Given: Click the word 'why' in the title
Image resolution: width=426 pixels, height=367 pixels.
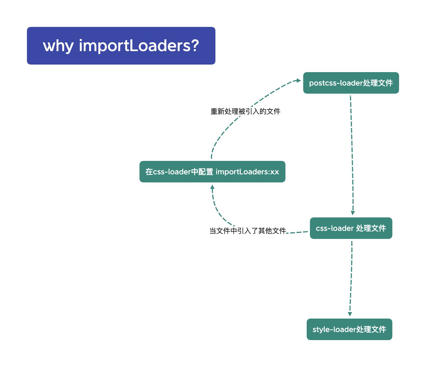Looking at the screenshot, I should click(58, 46).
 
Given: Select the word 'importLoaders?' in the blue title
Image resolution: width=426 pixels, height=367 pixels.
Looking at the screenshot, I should click(139, 46).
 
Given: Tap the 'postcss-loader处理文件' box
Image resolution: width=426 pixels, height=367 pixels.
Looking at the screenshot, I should click(351, 83).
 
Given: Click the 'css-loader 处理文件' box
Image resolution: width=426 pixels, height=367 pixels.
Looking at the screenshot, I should click(351, 228).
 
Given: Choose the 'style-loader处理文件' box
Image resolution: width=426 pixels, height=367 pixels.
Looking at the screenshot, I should click(349, 329).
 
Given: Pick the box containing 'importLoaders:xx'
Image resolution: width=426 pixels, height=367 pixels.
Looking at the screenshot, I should click(212, 172).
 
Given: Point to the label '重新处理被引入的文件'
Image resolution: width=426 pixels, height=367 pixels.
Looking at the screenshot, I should click(245, 111).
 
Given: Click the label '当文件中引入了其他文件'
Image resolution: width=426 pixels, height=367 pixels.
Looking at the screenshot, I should click(247, 231).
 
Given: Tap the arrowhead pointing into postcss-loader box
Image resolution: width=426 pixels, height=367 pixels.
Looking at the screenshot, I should click(298, 80).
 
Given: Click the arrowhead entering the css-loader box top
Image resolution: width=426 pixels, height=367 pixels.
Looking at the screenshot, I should click(353, 213).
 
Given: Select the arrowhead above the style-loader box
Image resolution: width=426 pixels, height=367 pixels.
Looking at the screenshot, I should click(350, 314).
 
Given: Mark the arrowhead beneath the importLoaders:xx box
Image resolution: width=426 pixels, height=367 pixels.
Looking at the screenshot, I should click(212, 187).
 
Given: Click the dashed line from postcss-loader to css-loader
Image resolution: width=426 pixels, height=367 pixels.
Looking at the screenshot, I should click(352, 153).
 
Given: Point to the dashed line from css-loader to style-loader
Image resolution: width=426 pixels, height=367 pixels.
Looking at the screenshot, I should click(351, 277).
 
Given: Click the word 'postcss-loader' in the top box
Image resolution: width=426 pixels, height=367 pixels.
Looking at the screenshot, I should click(336, 83).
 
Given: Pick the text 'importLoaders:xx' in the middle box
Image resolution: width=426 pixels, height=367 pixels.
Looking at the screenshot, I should click(247, 172).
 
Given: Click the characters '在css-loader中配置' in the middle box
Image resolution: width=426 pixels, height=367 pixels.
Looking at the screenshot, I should click(179, 172).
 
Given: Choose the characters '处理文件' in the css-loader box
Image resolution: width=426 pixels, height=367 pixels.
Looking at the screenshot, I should click(371, 228).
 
